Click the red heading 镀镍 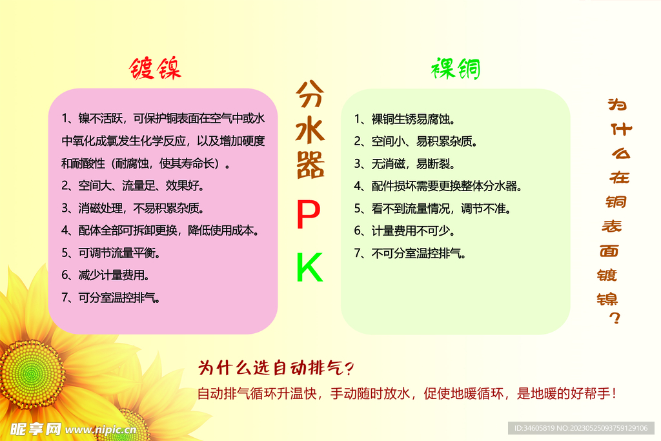155,68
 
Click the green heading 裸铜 456,68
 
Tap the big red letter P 309,215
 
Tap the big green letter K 309,268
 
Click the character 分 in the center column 310,96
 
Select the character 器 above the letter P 310,167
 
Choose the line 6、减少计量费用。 106,275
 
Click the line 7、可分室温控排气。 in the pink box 111,298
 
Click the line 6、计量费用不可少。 406,231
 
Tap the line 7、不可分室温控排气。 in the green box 410,253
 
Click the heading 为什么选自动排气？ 276,368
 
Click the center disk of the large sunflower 31,374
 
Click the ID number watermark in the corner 582,428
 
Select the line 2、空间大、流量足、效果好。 133,186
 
